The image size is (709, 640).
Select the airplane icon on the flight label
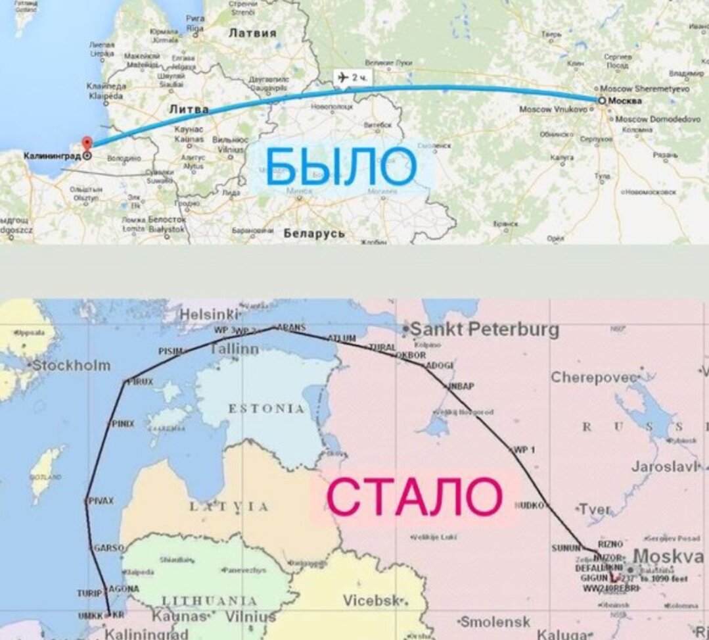(343, 78)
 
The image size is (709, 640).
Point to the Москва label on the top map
(625, 101)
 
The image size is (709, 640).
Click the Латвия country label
(252, 33)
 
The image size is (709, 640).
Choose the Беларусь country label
(314, 234)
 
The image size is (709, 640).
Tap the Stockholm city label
(72, 365)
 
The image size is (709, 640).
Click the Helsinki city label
(209, 314)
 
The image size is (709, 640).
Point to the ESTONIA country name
(266, 409)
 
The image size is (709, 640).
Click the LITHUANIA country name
(209, 601)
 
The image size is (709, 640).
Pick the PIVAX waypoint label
(100, 501)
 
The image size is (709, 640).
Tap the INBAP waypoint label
(461, 386)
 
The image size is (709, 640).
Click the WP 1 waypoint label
(524, 450)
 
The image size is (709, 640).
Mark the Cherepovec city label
(594, 378)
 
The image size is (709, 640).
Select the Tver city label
(595, 510)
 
